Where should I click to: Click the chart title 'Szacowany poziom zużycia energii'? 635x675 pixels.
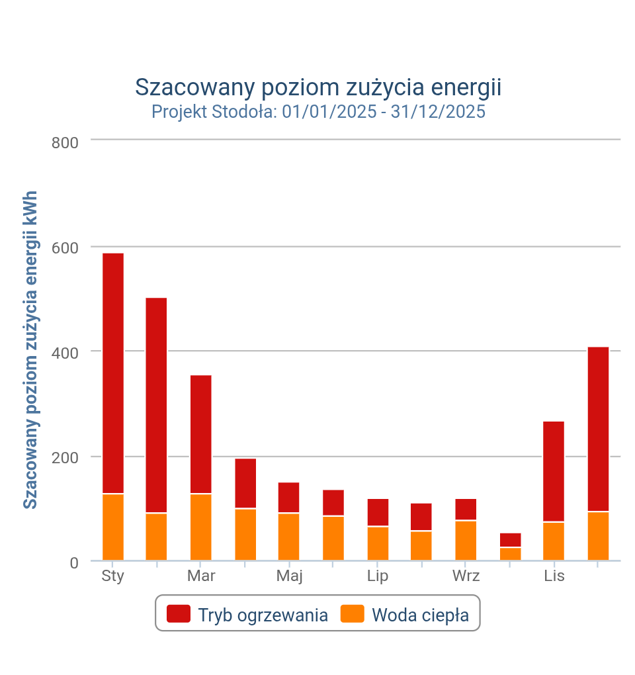coord(317,87)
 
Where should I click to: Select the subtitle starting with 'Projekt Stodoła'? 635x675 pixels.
coord(318,111)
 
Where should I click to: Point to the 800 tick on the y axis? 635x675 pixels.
coord(65,142)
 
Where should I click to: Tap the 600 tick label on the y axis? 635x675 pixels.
coord(65,247)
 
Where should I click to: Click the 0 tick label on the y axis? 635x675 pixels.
coord(73,563)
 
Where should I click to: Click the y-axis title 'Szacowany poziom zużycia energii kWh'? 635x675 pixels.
coord(30,350)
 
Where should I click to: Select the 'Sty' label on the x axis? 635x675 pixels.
coord(113,576)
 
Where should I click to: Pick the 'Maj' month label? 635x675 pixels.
coord(289,576)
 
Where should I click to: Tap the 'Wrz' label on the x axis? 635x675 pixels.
coord(466,576)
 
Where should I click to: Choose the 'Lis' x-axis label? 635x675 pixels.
coord(554,576)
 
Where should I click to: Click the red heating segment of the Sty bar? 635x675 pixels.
coord(113,373)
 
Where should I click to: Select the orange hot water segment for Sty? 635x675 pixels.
coord(113,527)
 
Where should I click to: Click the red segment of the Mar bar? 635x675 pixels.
coord(201,434)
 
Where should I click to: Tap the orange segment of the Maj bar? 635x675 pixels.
coord(289,537)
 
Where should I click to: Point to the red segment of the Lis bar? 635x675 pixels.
coord(554,471)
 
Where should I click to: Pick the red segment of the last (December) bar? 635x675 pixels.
coord(598,429)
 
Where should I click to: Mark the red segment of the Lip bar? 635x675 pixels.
coord(378,512)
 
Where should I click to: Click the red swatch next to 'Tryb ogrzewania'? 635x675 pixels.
coord(179,614)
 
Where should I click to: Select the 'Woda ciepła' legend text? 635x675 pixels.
coord(420,615)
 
